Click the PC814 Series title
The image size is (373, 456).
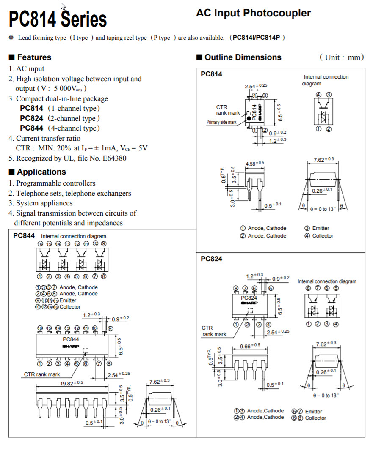(x=58, y=19)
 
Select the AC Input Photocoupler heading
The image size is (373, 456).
(x=253, y=13)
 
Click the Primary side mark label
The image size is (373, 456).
(x=221, y=122)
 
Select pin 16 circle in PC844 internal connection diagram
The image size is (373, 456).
(x=40, y=244)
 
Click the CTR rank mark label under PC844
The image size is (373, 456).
(x=42, y=374)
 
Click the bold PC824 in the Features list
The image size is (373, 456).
(x=31, y=118)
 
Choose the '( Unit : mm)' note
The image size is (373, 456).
(x=341, y=57)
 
